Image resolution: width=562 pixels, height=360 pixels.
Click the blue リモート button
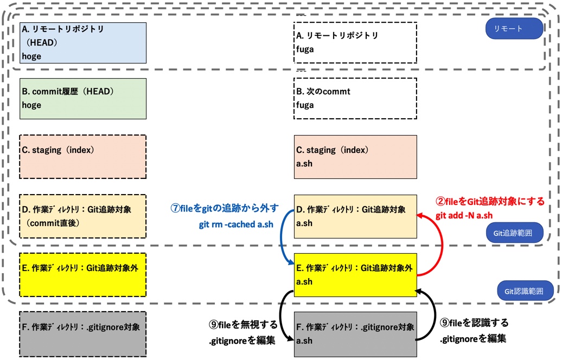pos(514,29)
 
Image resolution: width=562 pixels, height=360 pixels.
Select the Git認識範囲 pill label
pos(525,290)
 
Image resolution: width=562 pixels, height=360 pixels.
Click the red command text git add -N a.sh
pos(464,215)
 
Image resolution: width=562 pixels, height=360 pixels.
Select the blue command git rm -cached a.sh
pos(235,224)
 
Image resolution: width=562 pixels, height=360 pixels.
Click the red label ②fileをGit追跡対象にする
pos(489,201)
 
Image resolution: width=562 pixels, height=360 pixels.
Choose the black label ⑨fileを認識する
pos(474,323)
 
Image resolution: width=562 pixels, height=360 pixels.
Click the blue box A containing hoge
pos(83,43)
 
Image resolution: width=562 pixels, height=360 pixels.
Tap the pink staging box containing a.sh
pos(355,157)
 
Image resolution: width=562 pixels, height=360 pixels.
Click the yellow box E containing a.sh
pos(355,275)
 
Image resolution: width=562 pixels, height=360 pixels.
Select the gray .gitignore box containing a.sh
pos(355,334)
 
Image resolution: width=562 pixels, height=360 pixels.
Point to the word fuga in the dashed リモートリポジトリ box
pos(305,49)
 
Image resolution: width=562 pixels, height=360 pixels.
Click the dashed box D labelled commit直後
pos(83,216)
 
